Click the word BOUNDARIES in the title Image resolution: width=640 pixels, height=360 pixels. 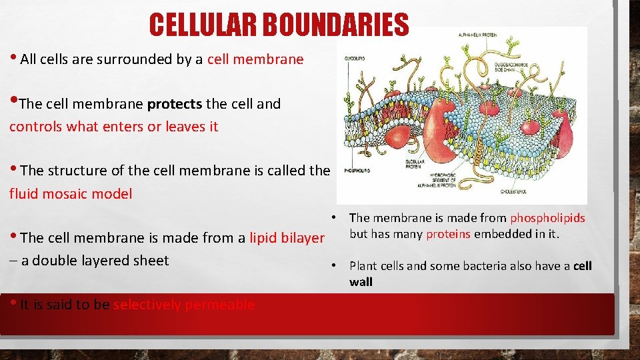click(335, 25)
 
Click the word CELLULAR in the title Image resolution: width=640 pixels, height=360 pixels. click(204, 25)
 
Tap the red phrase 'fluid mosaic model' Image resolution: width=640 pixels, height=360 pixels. click(71, 194)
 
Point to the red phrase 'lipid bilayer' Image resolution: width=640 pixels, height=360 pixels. click(287, 238)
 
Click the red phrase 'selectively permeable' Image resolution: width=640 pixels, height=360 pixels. click(184, 305)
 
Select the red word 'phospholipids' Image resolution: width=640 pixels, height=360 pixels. click(547, 218)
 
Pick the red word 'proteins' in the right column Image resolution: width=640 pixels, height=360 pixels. click(448, 233)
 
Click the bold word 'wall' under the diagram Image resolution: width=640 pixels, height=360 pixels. click(361, 282)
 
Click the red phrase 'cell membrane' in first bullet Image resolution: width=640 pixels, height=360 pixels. click(255, 59)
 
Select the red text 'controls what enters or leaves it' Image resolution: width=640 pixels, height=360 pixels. click(113, 127)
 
